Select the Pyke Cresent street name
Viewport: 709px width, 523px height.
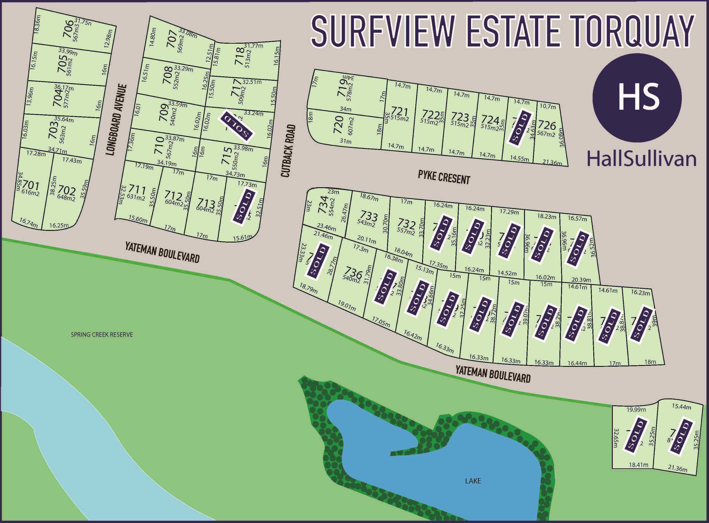pyautogui.click(x=444, y=177)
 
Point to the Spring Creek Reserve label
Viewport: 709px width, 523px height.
pyautogui.click(x=102, y=335)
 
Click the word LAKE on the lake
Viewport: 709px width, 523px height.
pyautogui.click(x=473, y=481)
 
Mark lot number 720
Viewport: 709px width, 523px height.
pyautogui.click(x=339, y=124)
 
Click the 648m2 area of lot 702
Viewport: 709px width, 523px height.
pyautogui.click(x=66, y=198)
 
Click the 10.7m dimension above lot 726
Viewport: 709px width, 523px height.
pyautogui.click(x=548, y=107)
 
